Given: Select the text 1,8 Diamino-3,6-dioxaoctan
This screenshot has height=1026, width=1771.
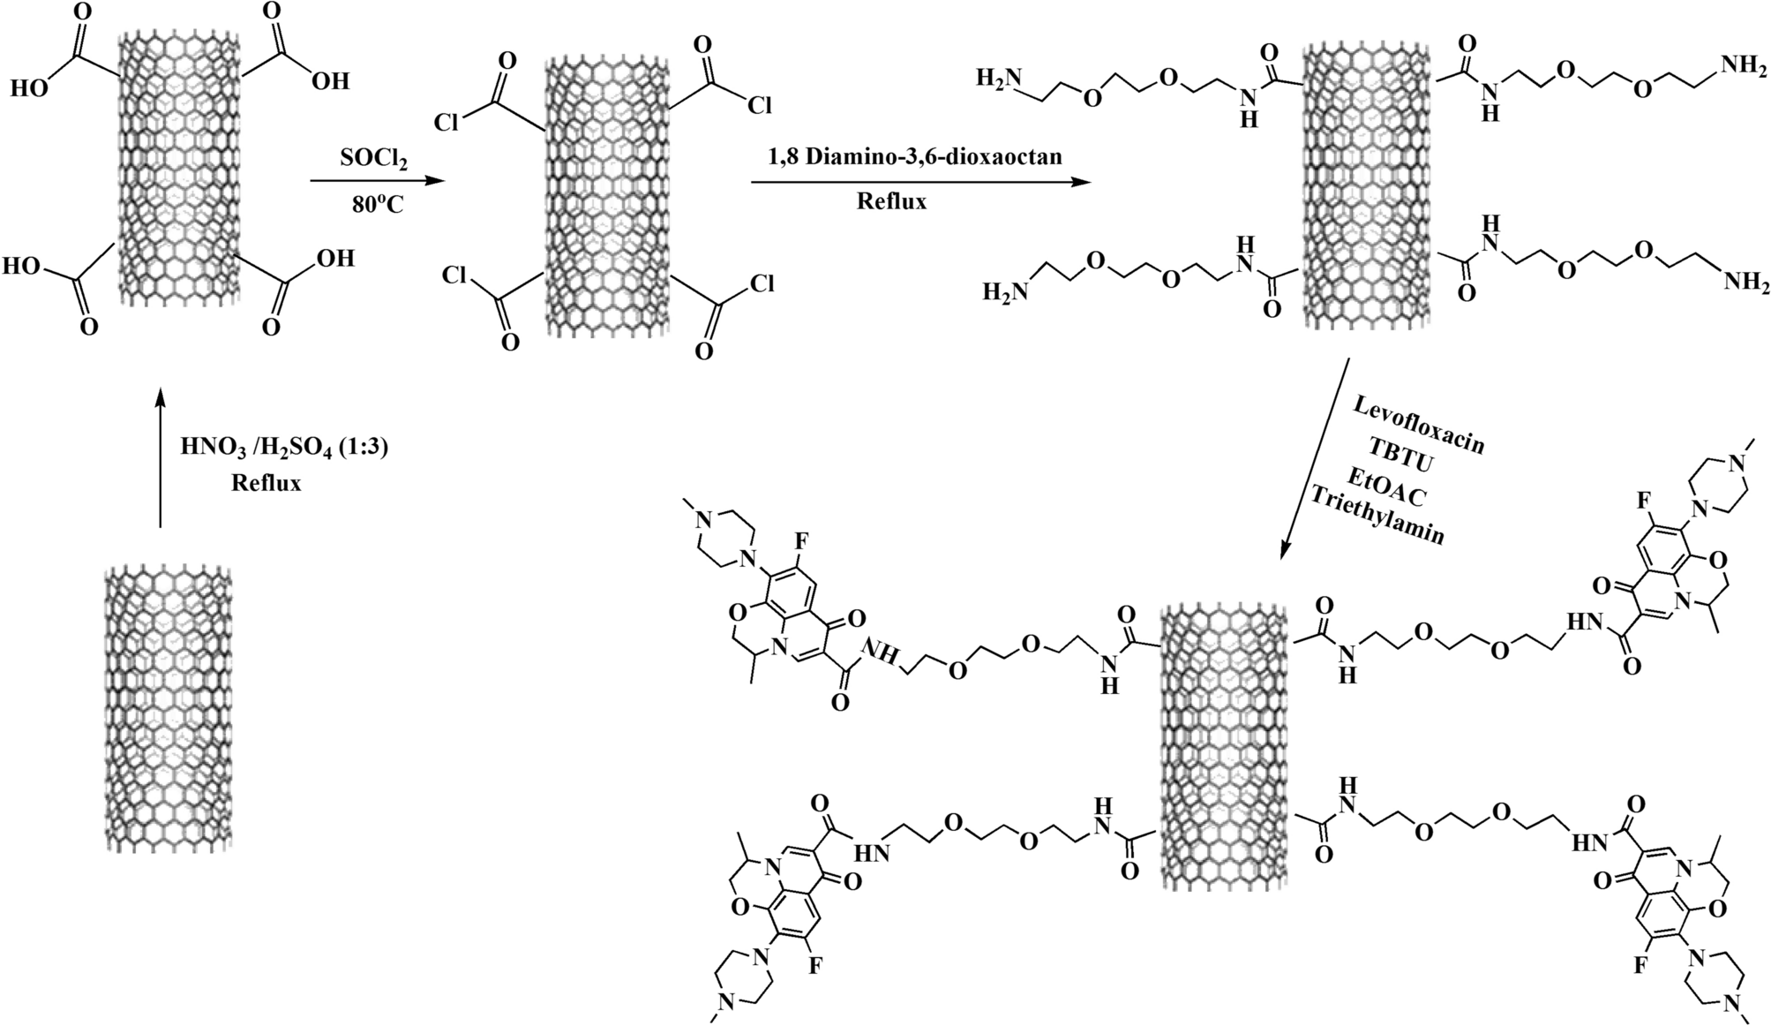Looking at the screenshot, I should coord(914,156).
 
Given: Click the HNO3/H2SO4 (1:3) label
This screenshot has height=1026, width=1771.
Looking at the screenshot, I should coord(284,448).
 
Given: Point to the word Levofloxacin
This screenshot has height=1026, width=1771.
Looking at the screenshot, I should coord(1417,426).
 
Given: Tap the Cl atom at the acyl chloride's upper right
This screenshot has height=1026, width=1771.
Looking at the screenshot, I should coord(758,106).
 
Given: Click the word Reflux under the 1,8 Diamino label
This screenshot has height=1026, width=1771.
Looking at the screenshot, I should coord(891,201).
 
